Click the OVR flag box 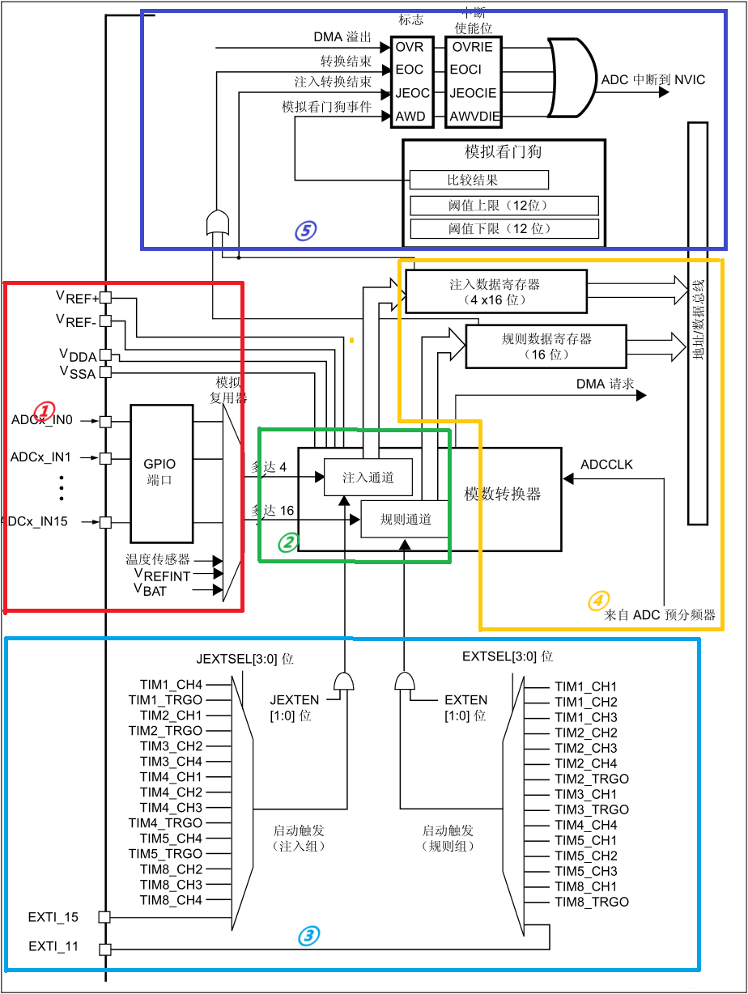(x=409, y=47)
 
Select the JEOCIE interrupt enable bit (x=474, y=93)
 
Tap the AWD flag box (x=409, y=117)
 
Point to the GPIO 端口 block (x=160, y=474)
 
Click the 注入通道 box (x=368, y=478)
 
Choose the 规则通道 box (x=406, y=519)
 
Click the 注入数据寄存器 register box (x=495, y=292)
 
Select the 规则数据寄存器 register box (x=546, y=346)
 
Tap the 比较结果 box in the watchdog (x=479, y=180)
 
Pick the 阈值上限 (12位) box (x=504, y=206)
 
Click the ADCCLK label (x=606, y=465)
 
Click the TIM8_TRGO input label (x=591, y=902)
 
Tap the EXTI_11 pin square (x=104, y=949)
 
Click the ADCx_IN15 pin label (x=36, y=521)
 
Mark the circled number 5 (x=305, y=231)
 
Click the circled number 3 (x=308, y=936)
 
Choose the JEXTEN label (x=294, y=699)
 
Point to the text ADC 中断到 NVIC (x=653, y=80)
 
